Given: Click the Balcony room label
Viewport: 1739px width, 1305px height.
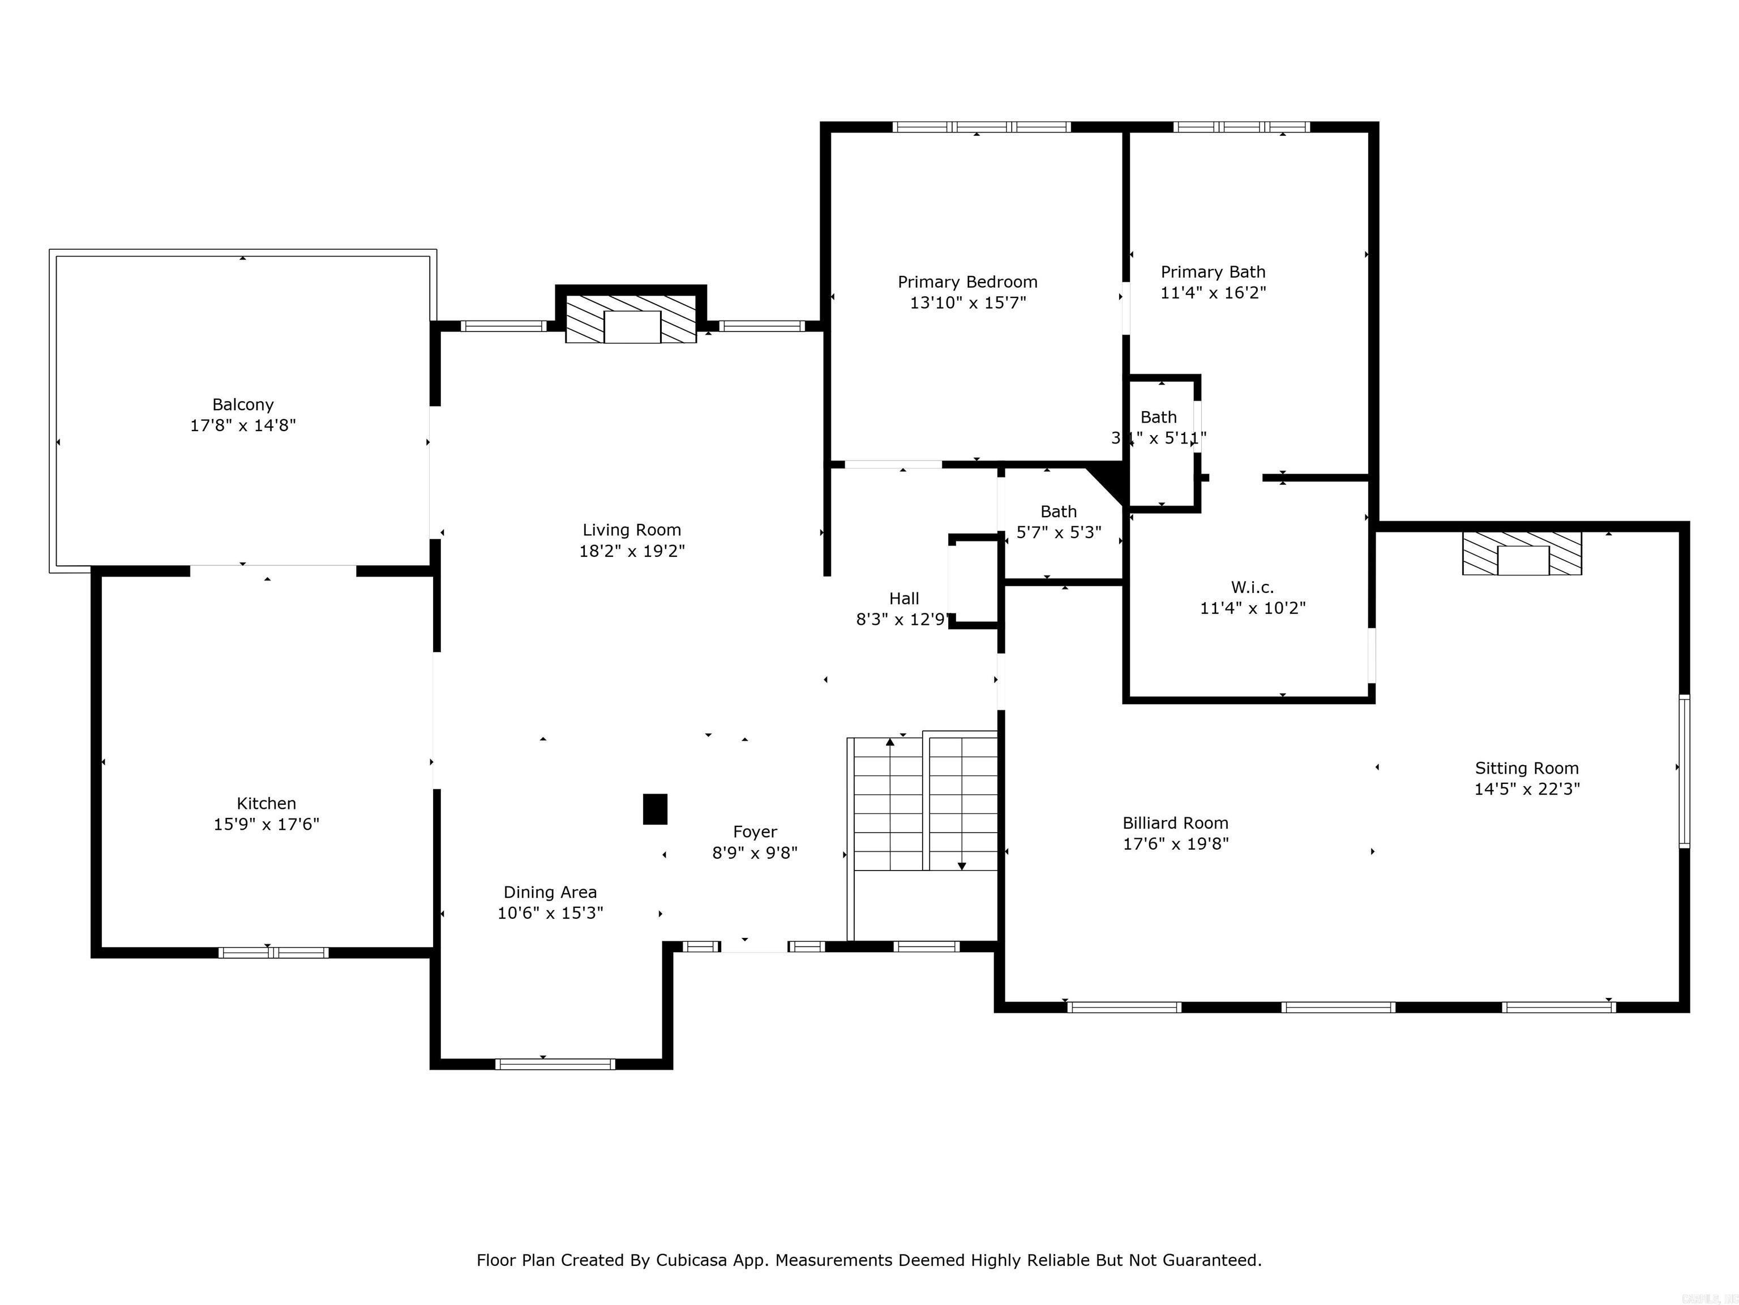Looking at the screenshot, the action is click(243, 404).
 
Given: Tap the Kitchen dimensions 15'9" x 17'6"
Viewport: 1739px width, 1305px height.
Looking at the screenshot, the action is click(267, 824).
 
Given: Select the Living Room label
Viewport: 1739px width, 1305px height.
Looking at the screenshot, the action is click(631, 530).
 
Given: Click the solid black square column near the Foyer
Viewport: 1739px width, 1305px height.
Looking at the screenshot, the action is click(655, 809).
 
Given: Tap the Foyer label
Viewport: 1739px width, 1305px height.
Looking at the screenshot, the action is click(755, 831).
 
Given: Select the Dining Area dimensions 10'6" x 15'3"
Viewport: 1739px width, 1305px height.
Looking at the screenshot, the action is click(550, 913).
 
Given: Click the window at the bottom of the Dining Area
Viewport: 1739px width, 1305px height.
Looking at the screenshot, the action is click(555, 1064).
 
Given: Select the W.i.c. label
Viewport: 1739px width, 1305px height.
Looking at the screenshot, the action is click(1252, 587).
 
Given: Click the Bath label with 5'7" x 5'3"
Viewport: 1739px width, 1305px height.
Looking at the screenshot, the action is click(1058, 511).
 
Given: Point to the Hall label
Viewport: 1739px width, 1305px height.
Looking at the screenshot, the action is click(904, 599).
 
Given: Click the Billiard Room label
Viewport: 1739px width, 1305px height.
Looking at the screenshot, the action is click(1175, 823).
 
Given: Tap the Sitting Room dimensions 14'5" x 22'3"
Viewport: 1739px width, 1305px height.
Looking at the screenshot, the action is click(1527, 789).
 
